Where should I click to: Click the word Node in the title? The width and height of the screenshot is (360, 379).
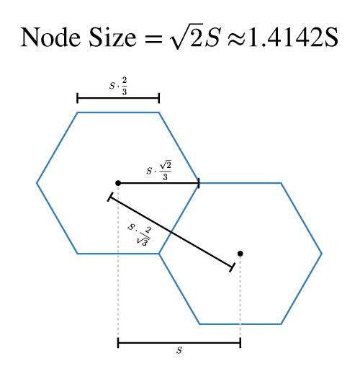[50, 37]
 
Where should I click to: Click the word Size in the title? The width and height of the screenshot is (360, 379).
[112, 37]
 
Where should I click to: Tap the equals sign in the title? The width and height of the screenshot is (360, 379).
[153, 39]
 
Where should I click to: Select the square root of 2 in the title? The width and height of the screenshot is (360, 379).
[186, 36]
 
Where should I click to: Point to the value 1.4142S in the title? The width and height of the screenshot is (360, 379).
[293, 37]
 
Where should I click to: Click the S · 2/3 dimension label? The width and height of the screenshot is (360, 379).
[118, 86]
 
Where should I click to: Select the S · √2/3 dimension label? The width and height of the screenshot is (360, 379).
[159, 171]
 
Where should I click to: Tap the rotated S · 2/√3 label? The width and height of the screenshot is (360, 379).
[140, 235]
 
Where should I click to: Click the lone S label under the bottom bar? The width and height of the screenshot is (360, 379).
[179, 350]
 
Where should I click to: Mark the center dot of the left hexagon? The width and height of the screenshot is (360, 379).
[118, 183]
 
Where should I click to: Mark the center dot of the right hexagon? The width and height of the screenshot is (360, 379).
[240, 254]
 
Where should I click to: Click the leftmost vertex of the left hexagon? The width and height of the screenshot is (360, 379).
[37, 183]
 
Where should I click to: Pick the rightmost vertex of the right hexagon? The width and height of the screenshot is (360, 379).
[322, 254]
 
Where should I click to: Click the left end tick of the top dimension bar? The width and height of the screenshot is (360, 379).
[77, 98]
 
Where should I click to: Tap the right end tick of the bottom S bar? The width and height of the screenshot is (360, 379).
[240, 343]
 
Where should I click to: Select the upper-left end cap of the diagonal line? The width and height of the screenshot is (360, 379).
[110, 197]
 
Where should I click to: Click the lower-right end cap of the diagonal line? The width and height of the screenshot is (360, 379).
[232, 267]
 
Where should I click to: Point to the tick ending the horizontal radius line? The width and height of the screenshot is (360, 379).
[199, 183]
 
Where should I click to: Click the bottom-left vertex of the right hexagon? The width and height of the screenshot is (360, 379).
[199, 324]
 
